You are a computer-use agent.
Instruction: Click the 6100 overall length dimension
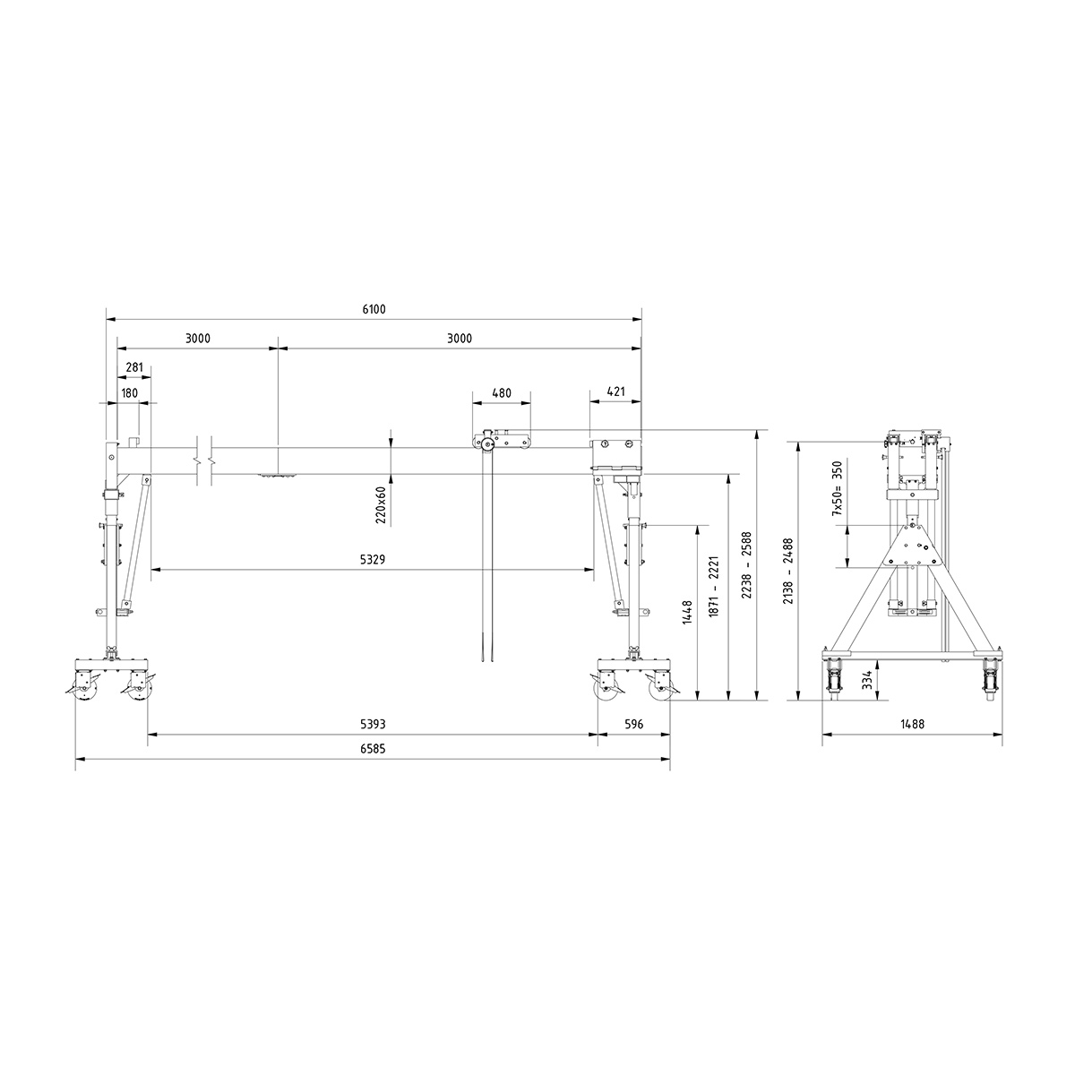[x=374, y=309]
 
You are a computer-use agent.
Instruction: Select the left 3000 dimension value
[x=197, y=339]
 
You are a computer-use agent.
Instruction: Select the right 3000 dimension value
[x=459, y=339]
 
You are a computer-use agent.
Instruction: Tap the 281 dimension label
[x=134, y=367]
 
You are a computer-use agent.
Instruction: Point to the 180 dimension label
[x=129, y=392]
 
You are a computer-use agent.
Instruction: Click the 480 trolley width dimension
[x=501, y=392]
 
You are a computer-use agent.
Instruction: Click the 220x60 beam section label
[x=381, y=504]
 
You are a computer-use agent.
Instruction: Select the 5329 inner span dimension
[x=373, y=559]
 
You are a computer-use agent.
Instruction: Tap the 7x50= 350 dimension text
[x=838, y=488]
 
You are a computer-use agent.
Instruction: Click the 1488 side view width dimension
[x=913, y=724]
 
